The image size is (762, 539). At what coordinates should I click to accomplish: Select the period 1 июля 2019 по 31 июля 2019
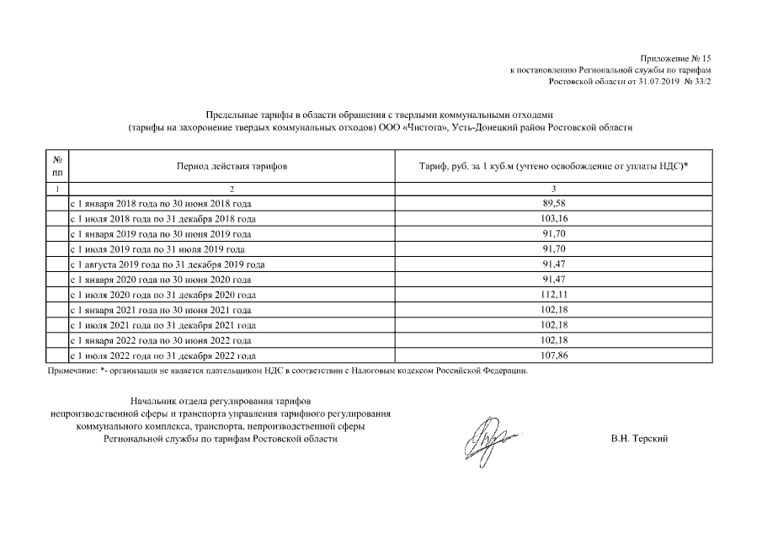coord(157,249)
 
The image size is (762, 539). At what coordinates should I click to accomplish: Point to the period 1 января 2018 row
coord(160,204)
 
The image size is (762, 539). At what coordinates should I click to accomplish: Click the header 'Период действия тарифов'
coord(232,167)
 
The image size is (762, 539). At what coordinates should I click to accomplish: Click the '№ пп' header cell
coord(56,166)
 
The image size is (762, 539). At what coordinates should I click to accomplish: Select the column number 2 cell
coord(232,189)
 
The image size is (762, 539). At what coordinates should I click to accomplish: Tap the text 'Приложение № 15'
coord(679,58)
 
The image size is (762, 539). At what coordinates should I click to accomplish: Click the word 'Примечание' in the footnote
coord(70,371)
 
